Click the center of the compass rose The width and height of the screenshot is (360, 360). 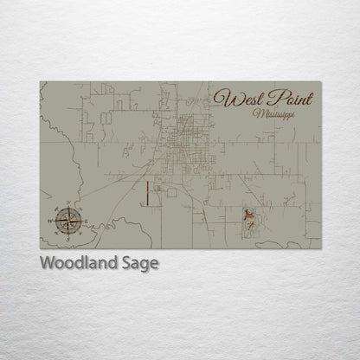point(68,220)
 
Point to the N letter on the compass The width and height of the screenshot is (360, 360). point(68,204)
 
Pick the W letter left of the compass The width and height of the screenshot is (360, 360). point(53,220)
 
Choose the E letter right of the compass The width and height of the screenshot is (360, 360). point(84,220)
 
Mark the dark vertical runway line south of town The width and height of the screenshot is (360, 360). point(147,194)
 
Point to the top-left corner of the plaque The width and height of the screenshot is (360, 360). point(40,82)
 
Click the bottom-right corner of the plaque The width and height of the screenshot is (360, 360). point(320,249)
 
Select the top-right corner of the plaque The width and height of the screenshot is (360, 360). point(320,82)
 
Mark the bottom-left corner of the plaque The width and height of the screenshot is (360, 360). point(40,249)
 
